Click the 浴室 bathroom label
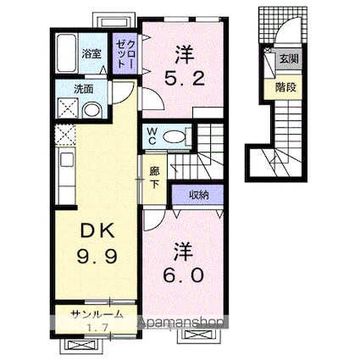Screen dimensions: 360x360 pyautogui.click(x=91, y=53)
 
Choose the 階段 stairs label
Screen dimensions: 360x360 pyautogui.click(x=285, y=85)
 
